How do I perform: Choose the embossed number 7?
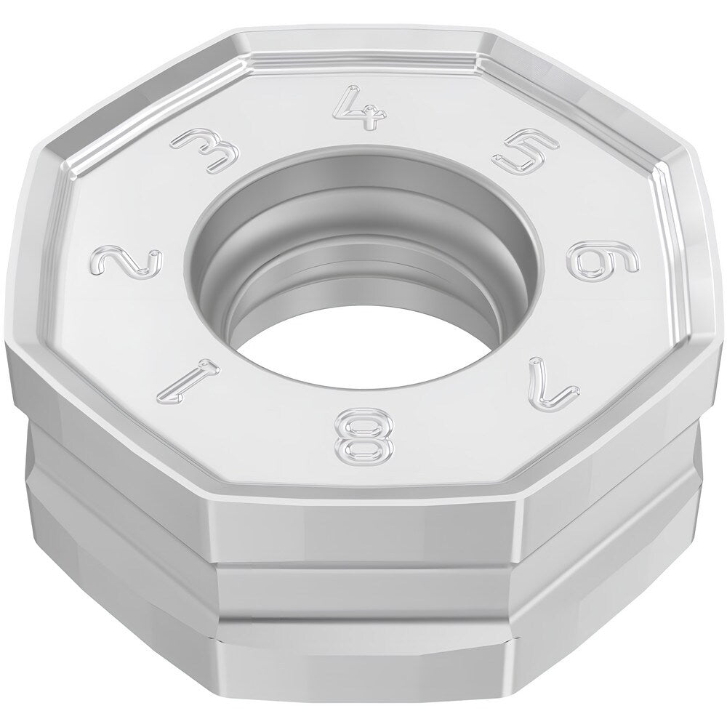555,382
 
